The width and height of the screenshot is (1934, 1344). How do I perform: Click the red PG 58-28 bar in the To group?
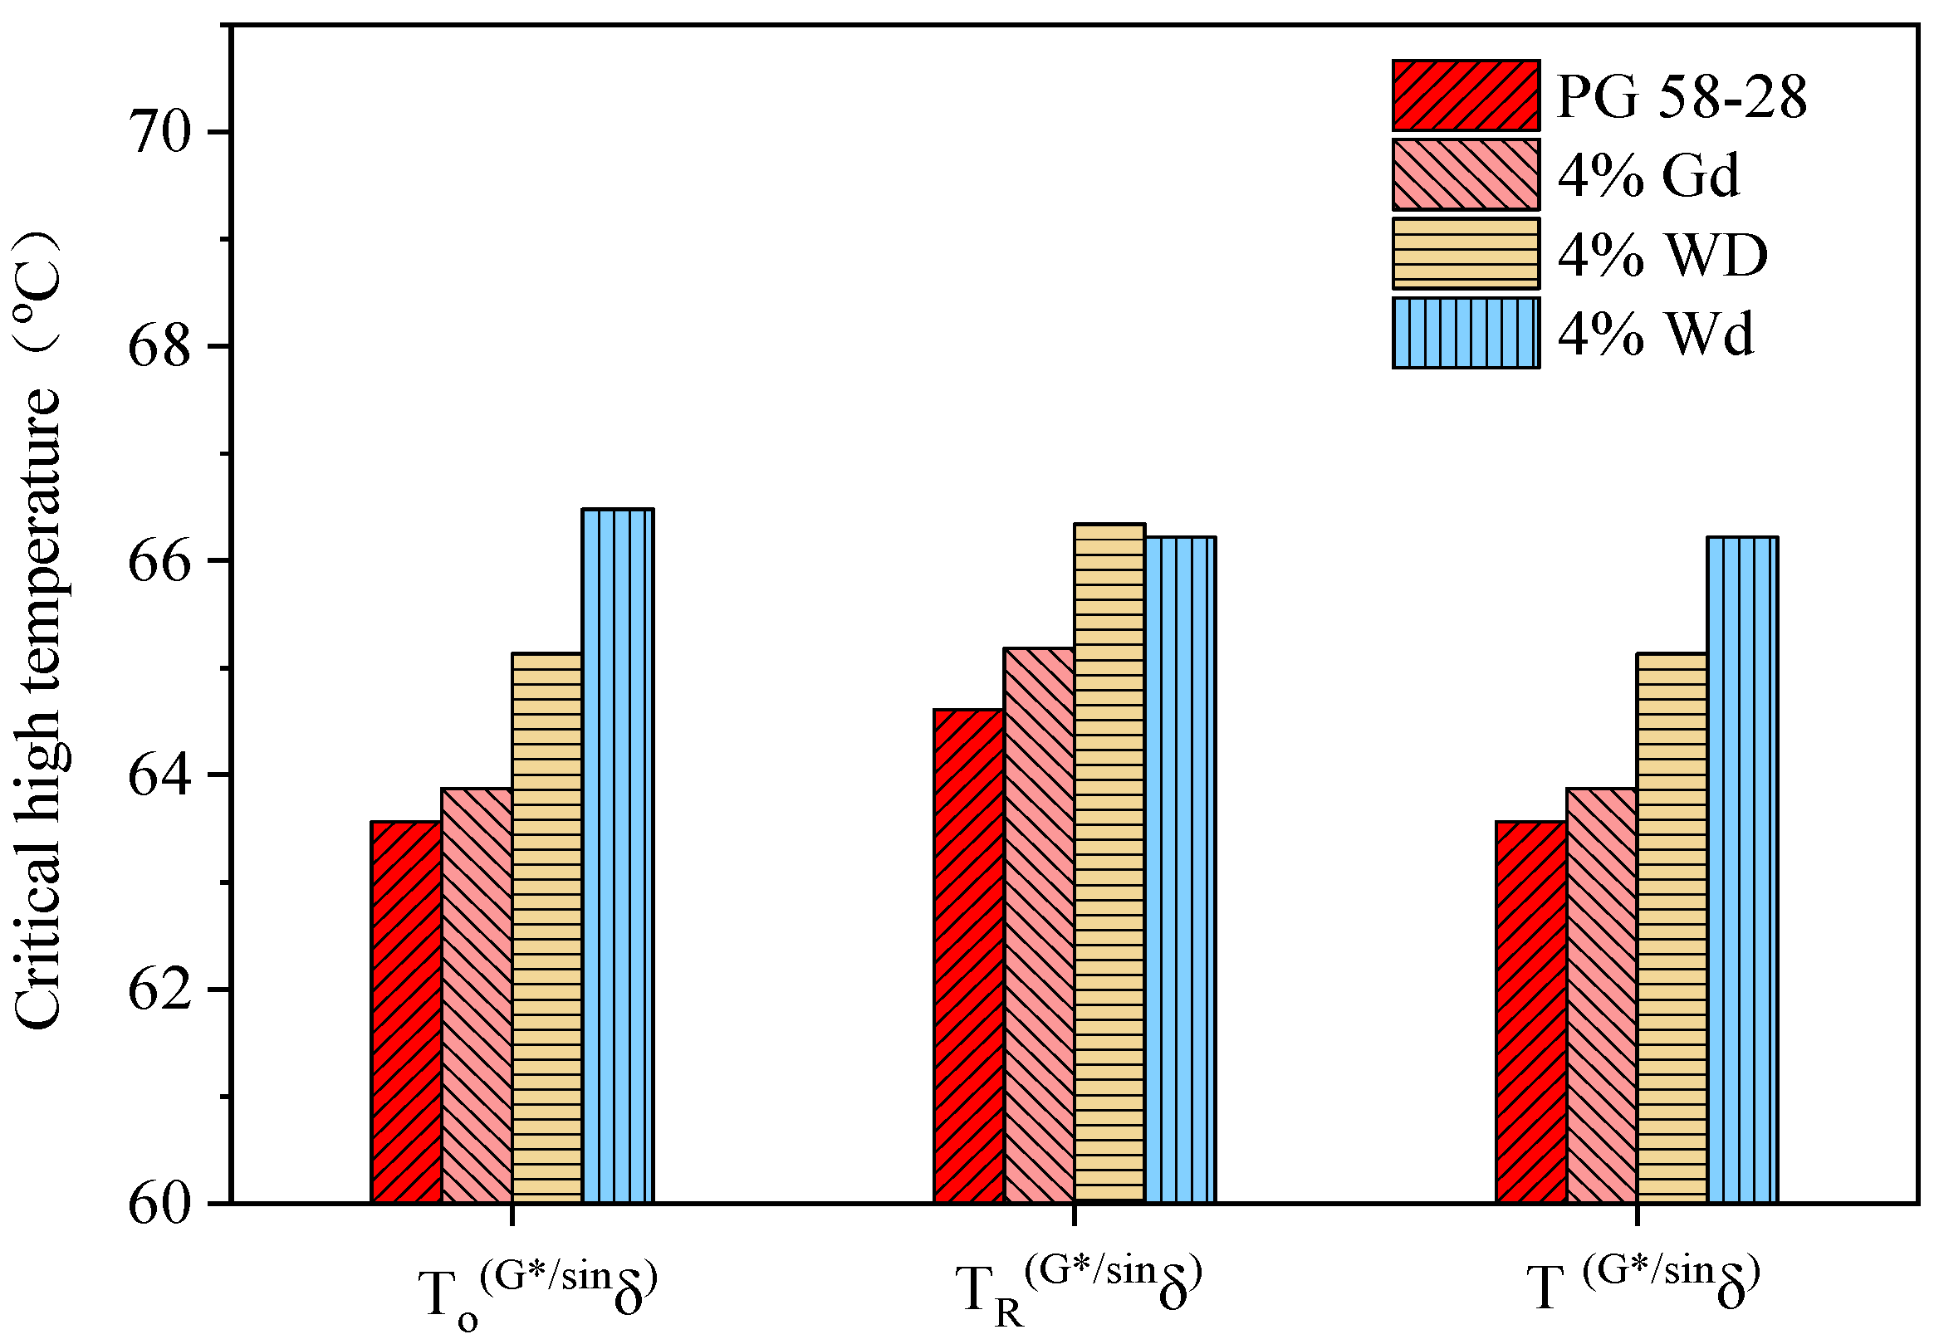(x=406, y=1011)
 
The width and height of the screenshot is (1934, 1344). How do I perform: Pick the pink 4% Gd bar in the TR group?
(x=1039, y=926)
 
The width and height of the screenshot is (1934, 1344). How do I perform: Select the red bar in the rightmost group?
(x=1530, y=1011)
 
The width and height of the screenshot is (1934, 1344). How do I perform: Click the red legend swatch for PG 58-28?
(x=1466, y=95)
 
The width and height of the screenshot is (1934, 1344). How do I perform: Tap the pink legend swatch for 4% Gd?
(x=1466, y=174)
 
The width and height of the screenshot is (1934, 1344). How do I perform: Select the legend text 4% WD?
(x=1662, y=254)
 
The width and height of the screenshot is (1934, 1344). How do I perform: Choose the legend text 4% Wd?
(x=1655, y=335)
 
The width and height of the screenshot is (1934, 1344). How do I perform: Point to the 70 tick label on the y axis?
(x=160, y=132)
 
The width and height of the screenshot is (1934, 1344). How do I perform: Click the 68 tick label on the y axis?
(x=160, y=346)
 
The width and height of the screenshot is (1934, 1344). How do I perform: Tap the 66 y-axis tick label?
(x=160, y=561)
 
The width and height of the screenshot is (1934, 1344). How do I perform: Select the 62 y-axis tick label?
(x=160, y=990)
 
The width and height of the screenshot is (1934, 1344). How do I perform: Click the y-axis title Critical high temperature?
(x=38, y=632)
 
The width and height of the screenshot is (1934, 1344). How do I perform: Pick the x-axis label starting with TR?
(x=1077, y=1289)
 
